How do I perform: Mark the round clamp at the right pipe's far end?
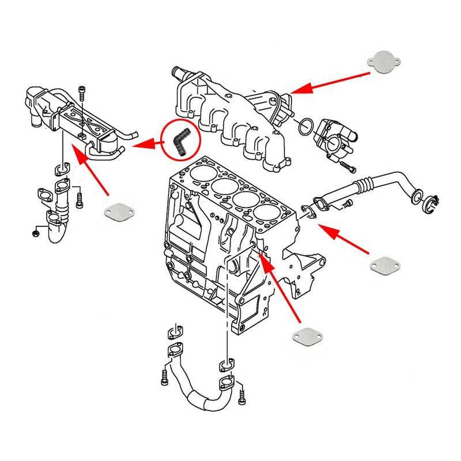pos(429,203)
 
